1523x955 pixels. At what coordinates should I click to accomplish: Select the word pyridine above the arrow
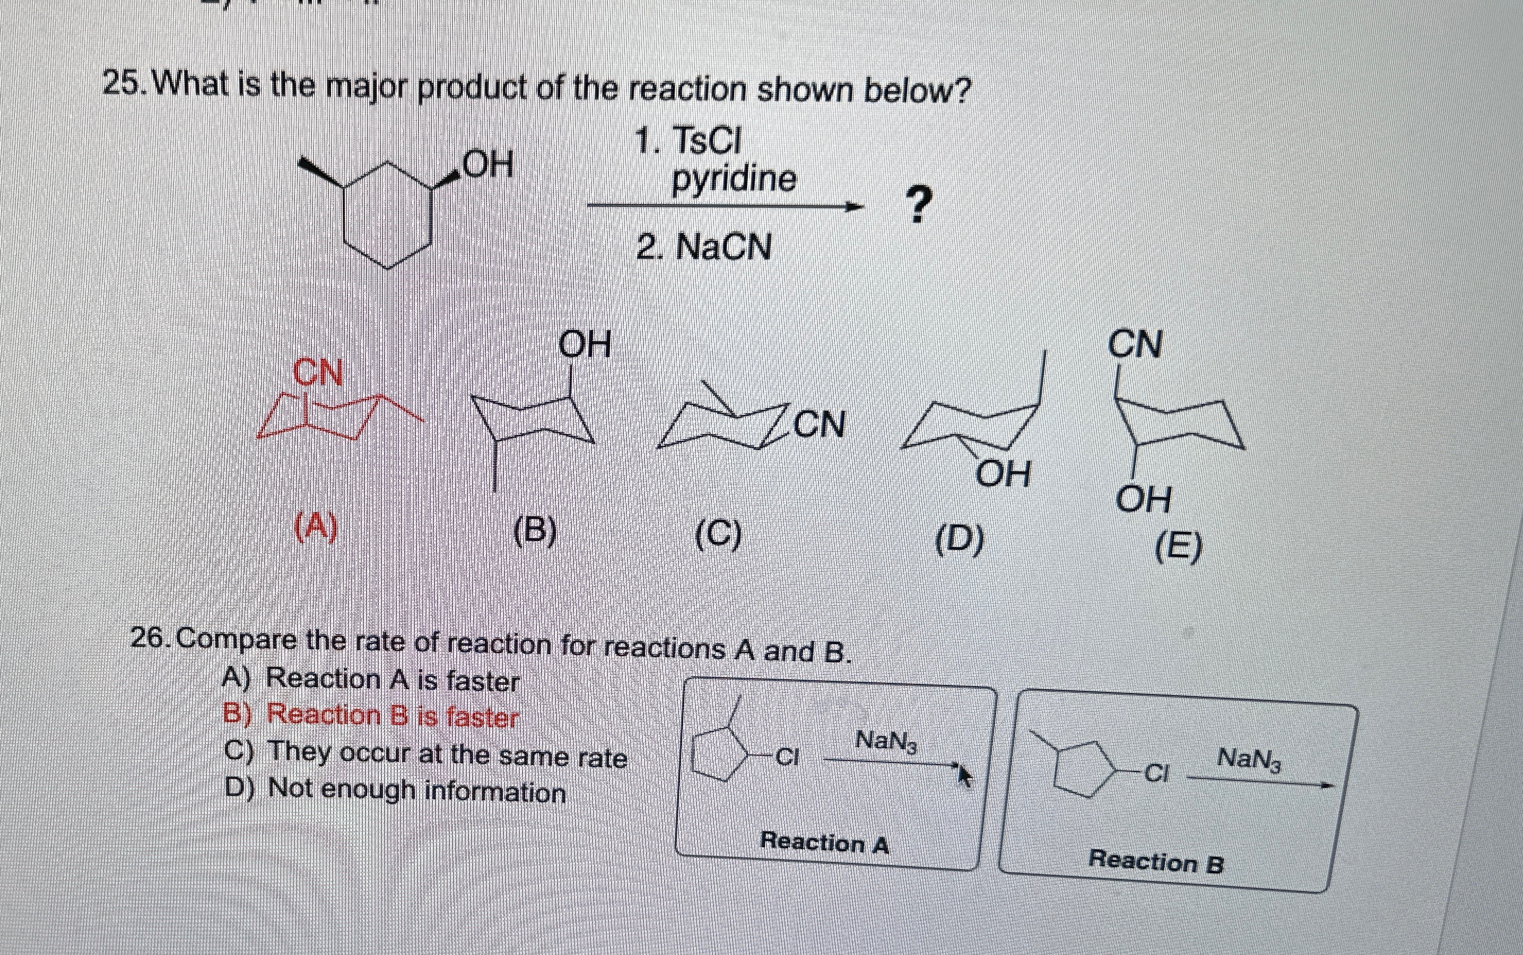pos(733,179)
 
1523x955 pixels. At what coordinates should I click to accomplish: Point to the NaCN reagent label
pos(723,246)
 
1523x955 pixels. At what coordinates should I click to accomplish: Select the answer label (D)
pos(959,541)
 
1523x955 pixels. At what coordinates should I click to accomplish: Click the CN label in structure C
pos(819,424)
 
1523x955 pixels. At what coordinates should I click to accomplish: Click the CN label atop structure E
pos(1135,345)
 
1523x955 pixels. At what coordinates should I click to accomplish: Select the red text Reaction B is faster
pos(391,716)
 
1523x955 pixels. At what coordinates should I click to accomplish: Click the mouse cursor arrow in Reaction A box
pos(964,775)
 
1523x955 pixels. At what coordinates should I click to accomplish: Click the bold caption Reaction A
pos(824,842)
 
